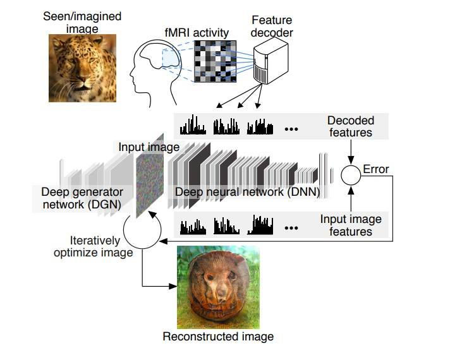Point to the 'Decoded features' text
coord(350,126)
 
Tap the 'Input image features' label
coord(351,225)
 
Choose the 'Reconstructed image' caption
coord(218,336)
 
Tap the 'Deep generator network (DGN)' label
coord(82,197)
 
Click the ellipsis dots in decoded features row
coord(291,129)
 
